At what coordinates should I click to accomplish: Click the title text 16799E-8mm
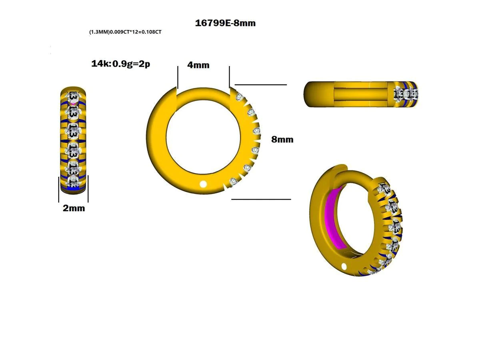(x=225, y=23)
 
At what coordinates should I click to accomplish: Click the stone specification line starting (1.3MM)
(x=125, y=32)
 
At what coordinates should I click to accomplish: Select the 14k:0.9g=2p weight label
(x=120, y=64)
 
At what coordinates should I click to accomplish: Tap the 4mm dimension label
(x=199, y=65)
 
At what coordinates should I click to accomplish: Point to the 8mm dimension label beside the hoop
(x=282, y=139)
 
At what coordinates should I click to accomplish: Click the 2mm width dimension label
(x=74, y=208)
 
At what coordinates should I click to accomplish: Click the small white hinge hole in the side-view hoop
(x=203, y=184)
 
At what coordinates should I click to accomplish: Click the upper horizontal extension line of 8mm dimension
(x=260, y=85)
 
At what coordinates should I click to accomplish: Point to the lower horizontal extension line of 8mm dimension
(x=261, y=199)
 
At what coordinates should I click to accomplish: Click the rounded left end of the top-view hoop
(x=310, y=94)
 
